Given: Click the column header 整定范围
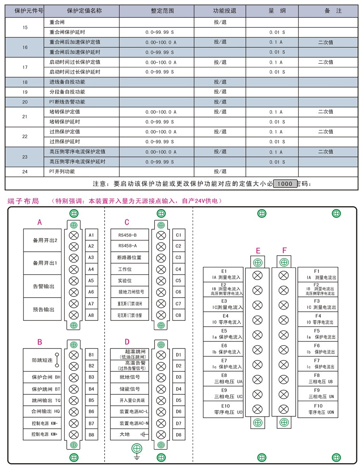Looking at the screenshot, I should [x=162, y=11].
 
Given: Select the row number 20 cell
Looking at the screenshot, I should [x=25, y=102].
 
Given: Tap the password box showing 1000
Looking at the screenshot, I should [x=285, y=184].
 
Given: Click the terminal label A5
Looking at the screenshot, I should [x=91, y=281].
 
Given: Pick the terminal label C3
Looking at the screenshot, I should [x=178, y=258].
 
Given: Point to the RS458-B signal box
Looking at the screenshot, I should [x=127, y=235].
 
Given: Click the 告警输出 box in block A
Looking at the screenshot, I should [x=44, y=286].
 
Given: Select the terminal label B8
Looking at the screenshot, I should [x=92, y=435].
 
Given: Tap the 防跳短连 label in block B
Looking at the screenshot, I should [x=42, y=360].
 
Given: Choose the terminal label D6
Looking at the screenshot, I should [x=178, y=412].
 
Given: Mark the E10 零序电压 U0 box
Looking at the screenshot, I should [x=223, y=409].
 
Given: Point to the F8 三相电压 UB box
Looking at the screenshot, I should [x=317, y=379].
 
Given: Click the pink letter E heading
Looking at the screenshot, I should [x=258, y=251].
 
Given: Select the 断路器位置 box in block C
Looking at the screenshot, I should [x=129, y=258].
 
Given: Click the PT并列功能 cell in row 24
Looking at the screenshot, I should [x=81, y=172].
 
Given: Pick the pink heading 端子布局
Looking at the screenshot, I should [x=23, y=201].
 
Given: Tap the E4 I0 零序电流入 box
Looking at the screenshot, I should [x=223, y=319].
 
